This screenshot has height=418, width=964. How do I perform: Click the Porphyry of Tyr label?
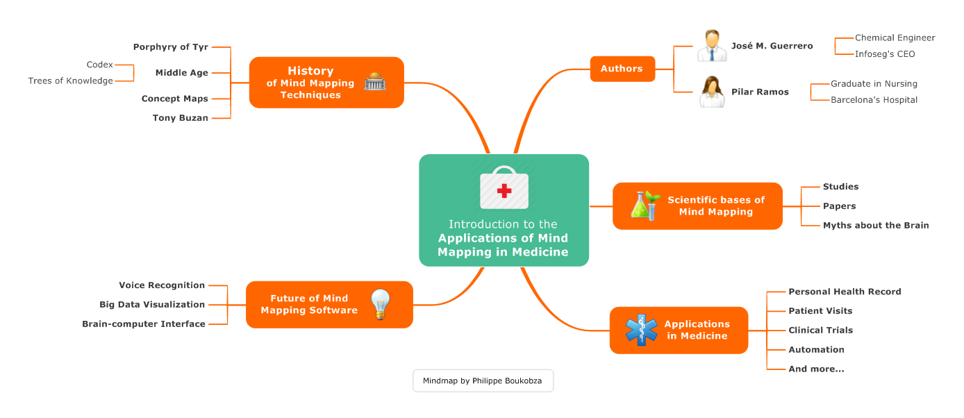170,47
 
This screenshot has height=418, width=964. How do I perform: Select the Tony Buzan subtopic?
180,118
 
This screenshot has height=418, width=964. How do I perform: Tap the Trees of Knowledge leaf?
70,81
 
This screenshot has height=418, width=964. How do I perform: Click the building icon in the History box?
375,81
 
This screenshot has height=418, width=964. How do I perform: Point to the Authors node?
622,69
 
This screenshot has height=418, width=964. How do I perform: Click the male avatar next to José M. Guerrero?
712,46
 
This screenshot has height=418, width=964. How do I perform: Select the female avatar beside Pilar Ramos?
712,92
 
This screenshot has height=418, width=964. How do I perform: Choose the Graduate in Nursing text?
874,84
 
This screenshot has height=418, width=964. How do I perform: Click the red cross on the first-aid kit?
504,190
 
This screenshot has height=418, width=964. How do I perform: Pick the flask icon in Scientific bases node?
643,206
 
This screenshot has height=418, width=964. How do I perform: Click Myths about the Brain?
875,226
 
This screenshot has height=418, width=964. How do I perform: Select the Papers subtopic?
839,206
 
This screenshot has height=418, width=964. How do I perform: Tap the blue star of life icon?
641,330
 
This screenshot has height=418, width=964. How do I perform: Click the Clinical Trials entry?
820,331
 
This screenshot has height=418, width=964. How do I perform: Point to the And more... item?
816,369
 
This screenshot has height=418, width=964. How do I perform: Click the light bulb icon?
381,304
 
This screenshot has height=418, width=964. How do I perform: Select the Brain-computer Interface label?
144,324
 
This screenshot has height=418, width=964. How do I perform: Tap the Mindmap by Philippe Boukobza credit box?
483,381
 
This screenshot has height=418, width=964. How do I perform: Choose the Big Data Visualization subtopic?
152,305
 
